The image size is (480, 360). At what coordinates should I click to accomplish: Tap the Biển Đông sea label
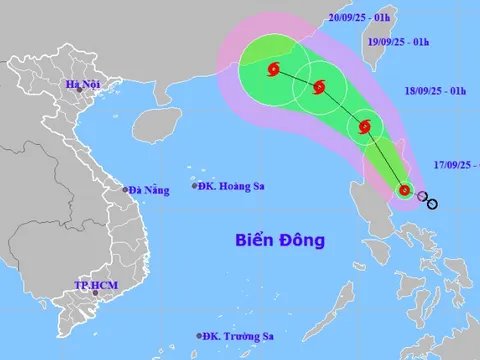(280, 240)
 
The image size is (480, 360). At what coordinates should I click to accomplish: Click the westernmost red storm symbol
(273, 69)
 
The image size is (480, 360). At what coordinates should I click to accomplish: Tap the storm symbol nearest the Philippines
(404, 189)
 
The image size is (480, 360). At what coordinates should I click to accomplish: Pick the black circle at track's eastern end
(432, 204)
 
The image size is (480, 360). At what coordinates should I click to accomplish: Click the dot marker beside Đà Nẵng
(125, 189)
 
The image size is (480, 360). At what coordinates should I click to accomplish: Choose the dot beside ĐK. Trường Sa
(198, 337)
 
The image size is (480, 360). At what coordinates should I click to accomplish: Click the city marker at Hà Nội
(93, 96)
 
